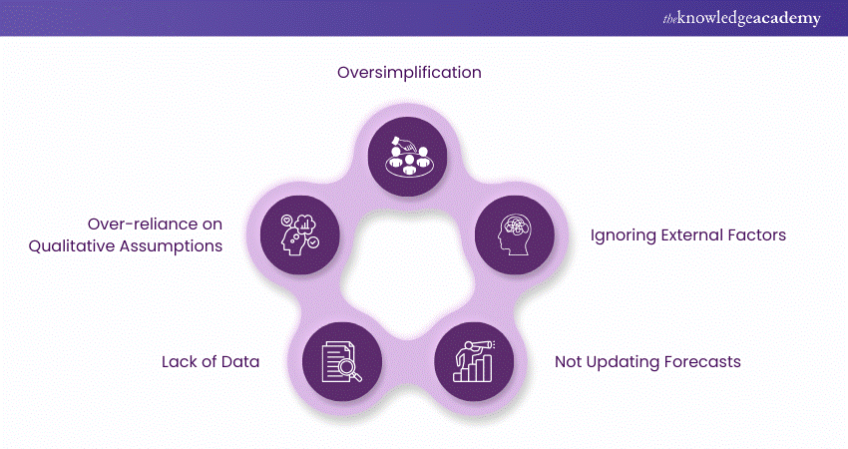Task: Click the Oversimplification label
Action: coord(409,73)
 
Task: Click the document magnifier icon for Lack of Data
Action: coord(342,360)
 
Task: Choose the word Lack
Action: coord(180,361)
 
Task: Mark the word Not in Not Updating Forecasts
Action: coord(570,361)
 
